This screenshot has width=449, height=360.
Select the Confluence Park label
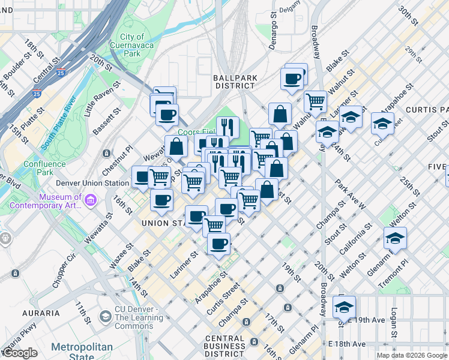[x=44, y=168]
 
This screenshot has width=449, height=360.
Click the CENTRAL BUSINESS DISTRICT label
[x=224, y=346]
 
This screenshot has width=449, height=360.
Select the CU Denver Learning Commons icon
[x=106, y=314]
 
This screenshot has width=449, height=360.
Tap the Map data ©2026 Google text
[x=412, y=355]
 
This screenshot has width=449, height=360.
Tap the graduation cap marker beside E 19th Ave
[x=344, y=307]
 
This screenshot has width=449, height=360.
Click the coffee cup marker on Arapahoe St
[x=218, y=244]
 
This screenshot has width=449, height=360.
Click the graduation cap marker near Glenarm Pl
[x=396, y=238]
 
